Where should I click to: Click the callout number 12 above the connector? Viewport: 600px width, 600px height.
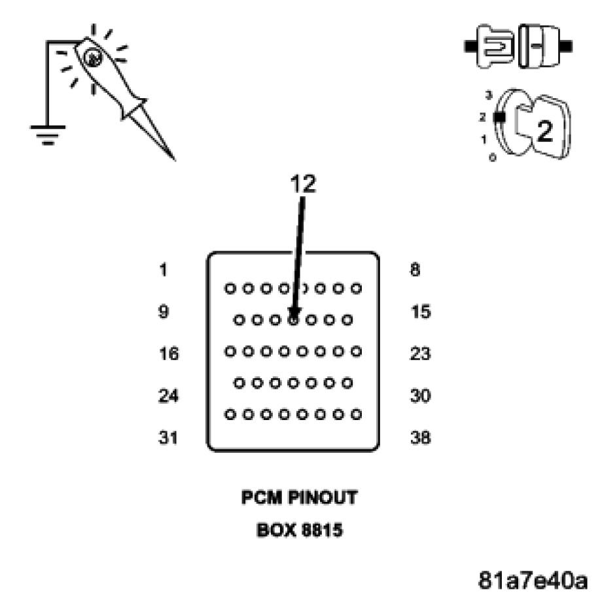click(303, 185)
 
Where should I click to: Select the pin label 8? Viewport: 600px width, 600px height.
click(415, 270)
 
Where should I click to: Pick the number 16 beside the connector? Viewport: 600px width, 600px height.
click(168, 354)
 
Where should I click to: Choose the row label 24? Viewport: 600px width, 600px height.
click(168, 396)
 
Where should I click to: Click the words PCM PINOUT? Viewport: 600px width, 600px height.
click(300, 498)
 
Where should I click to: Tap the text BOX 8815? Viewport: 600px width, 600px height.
click(300, 529)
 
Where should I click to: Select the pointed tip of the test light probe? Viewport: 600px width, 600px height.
click(173, 158)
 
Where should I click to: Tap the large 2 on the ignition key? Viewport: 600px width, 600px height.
click(544, 131)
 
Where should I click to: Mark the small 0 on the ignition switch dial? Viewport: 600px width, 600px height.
click(492, 158)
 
